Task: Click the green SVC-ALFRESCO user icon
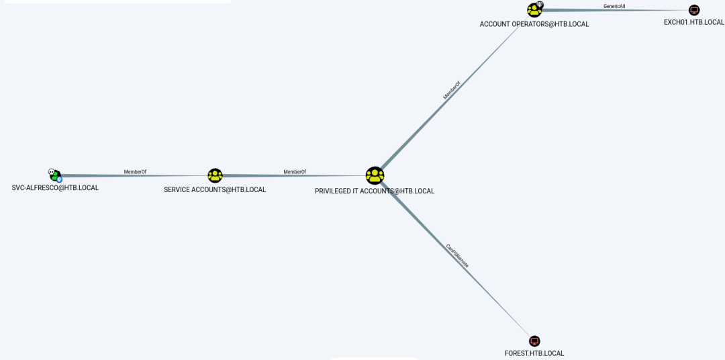coord(56,176)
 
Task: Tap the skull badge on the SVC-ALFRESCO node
coord(51,172)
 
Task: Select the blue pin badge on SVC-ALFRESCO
coord(59,180)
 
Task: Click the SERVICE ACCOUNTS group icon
coord(215,176)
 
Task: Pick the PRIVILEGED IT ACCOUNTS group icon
coord(375,176)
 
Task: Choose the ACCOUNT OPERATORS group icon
coord(534,10)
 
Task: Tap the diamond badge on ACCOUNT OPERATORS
coord(540,5)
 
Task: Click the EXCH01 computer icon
coord(694,10)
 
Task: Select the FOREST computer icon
coord(534,341)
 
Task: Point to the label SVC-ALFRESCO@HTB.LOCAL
coord(55,188)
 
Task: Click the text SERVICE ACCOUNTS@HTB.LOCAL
coord(215,190)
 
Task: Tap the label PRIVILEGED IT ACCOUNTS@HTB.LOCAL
coord(375,191)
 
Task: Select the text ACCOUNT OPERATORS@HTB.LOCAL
coord(534,24)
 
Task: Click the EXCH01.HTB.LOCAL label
coord(694,22)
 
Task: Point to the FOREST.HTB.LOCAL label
coord(534,353)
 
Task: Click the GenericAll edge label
coord(614,6)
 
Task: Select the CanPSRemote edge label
coord(457,256)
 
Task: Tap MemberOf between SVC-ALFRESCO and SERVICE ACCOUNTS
coord(135,172)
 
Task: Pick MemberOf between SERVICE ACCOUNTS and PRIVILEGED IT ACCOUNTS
coord(295,172)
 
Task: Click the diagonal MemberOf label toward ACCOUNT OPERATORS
coord(452,91)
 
